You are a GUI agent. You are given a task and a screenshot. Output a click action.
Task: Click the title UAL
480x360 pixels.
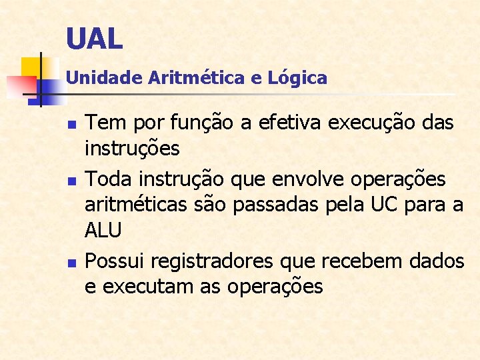point(95,39)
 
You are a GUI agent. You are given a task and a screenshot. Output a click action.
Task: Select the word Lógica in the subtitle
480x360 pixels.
point(297,78)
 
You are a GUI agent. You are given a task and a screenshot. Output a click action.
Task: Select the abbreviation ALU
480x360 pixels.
point(103,231)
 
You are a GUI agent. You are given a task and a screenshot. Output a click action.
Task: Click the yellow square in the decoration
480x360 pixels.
point(31,67)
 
